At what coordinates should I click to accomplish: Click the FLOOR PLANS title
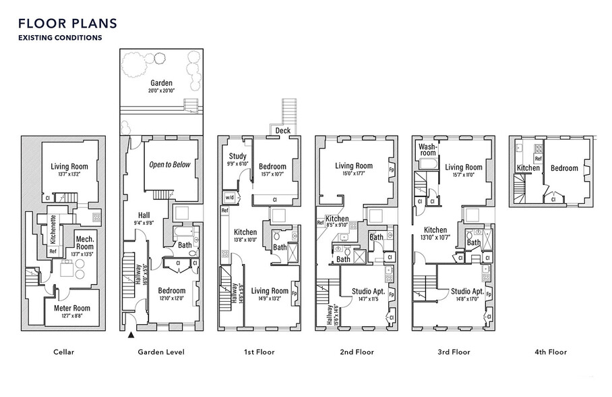[68, 23]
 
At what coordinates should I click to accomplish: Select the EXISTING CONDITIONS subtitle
[60, 38]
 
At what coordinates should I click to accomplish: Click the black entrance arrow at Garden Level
[130, 334]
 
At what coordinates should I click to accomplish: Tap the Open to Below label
[170, 164]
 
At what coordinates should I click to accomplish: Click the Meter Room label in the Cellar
[71, 308]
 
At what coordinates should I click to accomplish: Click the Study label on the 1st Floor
[237, 157]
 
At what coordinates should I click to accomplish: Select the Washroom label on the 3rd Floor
[427, 149]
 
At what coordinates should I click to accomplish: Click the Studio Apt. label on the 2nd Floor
[370, 291]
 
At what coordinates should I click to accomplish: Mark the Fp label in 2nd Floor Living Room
[392, 170]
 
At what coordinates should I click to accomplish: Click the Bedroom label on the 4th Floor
[564, 168]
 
